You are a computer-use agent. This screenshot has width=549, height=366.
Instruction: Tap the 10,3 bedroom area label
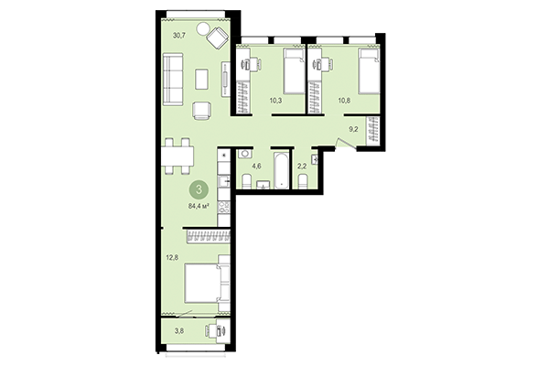[274, 101]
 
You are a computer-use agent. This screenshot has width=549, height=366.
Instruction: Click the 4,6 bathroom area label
[257, 166]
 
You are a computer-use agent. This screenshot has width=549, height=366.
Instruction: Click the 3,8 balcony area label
[178, 330]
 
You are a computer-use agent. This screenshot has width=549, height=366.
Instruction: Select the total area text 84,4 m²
[199, 207]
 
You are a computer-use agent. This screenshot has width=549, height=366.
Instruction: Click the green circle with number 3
[199, 189]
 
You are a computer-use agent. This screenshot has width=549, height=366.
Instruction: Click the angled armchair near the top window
[218, 38]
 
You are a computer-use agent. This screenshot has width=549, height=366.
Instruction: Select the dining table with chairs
[176, 156]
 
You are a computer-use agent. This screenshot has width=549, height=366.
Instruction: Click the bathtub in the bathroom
[280, 171]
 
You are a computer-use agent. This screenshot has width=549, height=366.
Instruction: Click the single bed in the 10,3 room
[292, 71]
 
